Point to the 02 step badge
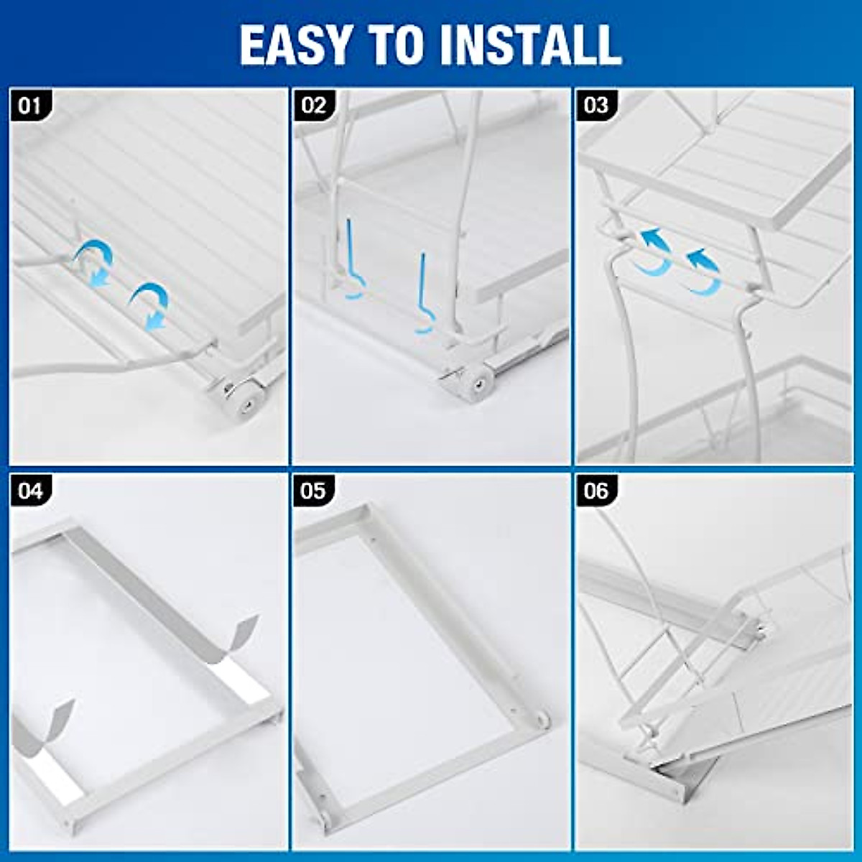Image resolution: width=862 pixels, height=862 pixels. point(314,106)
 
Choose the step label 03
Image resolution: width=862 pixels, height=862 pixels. point(596,106)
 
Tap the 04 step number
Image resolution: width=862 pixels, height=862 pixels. point(30,491)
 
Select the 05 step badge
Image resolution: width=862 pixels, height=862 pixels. point(314,491)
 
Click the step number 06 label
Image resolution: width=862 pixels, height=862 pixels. point(596,491)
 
